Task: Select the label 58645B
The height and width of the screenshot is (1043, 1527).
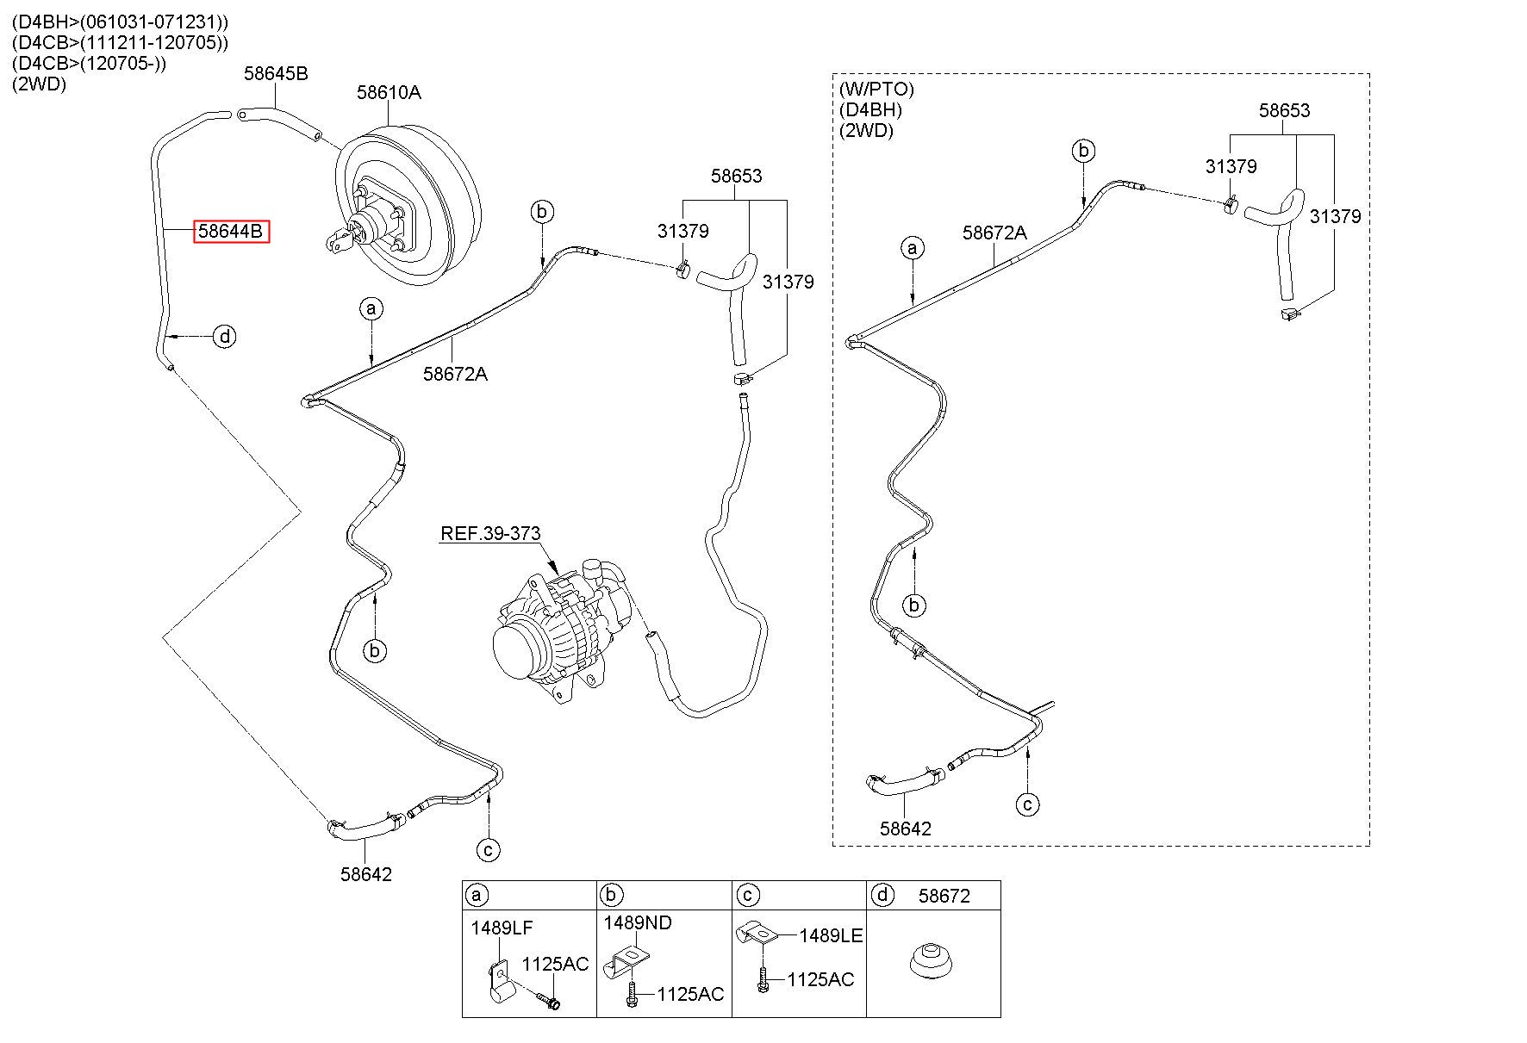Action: click(276, 73)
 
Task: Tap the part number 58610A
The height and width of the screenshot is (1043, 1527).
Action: click(390, 92)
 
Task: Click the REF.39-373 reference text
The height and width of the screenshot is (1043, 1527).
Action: click(490, 533)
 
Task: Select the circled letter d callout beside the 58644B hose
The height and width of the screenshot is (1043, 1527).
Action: click(224, 336)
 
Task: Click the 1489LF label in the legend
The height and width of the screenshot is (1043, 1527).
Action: click(502, 928)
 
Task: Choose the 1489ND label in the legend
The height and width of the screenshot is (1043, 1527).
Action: click(638, 922)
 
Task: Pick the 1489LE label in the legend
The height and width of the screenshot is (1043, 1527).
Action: click(831, 935)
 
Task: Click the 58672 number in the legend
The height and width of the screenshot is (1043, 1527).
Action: click(944, 896)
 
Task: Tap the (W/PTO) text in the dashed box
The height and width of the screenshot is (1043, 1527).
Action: click(876, 89)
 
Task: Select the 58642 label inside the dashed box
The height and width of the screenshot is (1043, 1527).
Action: click(906, 829)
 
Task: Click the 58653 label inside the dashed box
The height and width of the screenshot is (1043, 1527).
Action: click(1284, 110)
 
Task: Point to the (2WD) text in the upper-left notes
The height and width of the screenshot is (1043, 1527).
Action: click(39, 84)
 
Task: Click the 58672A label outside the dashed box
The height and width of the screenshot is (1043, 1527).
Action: click(455, 374)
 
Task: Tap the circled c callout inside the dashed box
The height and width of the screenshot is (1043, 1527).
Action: click(1028, 804)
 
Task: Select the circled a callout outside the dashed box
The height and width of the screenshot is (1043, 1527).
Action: click(371, 308)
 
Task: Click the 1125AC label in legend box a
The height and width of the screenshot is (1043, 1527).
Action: click(556, 964)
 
